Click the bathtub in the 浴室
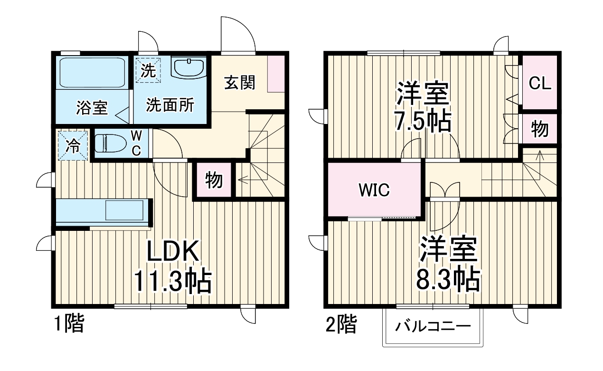click(92, 72)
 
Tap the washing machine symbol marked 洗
click(148, 71)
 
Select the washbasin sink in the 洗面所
click(188, 68)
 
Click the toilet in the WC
click(111, 143)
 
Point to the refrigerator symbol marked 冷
click(73, 145)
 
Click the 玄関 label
click(240, 83)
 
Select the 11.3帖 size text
click(171, 281)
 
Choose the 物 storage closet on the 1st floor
click(214, 180)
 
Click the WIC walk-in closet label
click(374, 190)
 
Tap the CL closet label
click(540, 84)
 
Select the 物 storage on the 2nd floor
click(539, 129)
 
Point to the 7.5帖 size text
click(423, 123)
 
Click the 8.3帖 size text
click(447, 280)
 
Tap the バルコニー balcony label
click(433, 327)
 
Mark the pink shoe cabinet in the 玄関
click(276, 74)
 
